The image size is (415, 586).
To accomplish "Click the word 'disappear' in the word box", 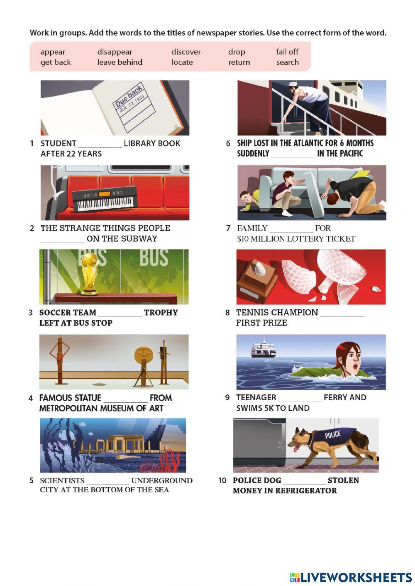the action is point(115,52).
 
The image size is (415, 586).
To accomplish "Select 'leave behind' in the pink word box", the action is point(120,62).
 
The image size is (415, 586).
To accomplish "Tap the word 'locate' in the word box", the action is point(182,62).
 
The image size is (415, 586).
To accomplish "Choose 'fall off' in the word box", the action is point(287,51).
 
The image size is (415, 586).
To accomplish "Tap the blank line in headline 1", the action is point(100,147).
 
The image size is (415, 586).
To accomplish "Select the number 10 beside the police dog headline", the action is point(222,480).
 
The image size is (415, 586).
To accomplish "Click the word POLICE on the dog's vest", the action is point(332,435).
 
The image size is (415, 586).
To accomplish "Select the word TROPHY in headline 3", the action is point(161,312).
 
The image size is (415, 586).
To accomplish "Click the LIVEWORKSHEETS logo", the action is point(350,577).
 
